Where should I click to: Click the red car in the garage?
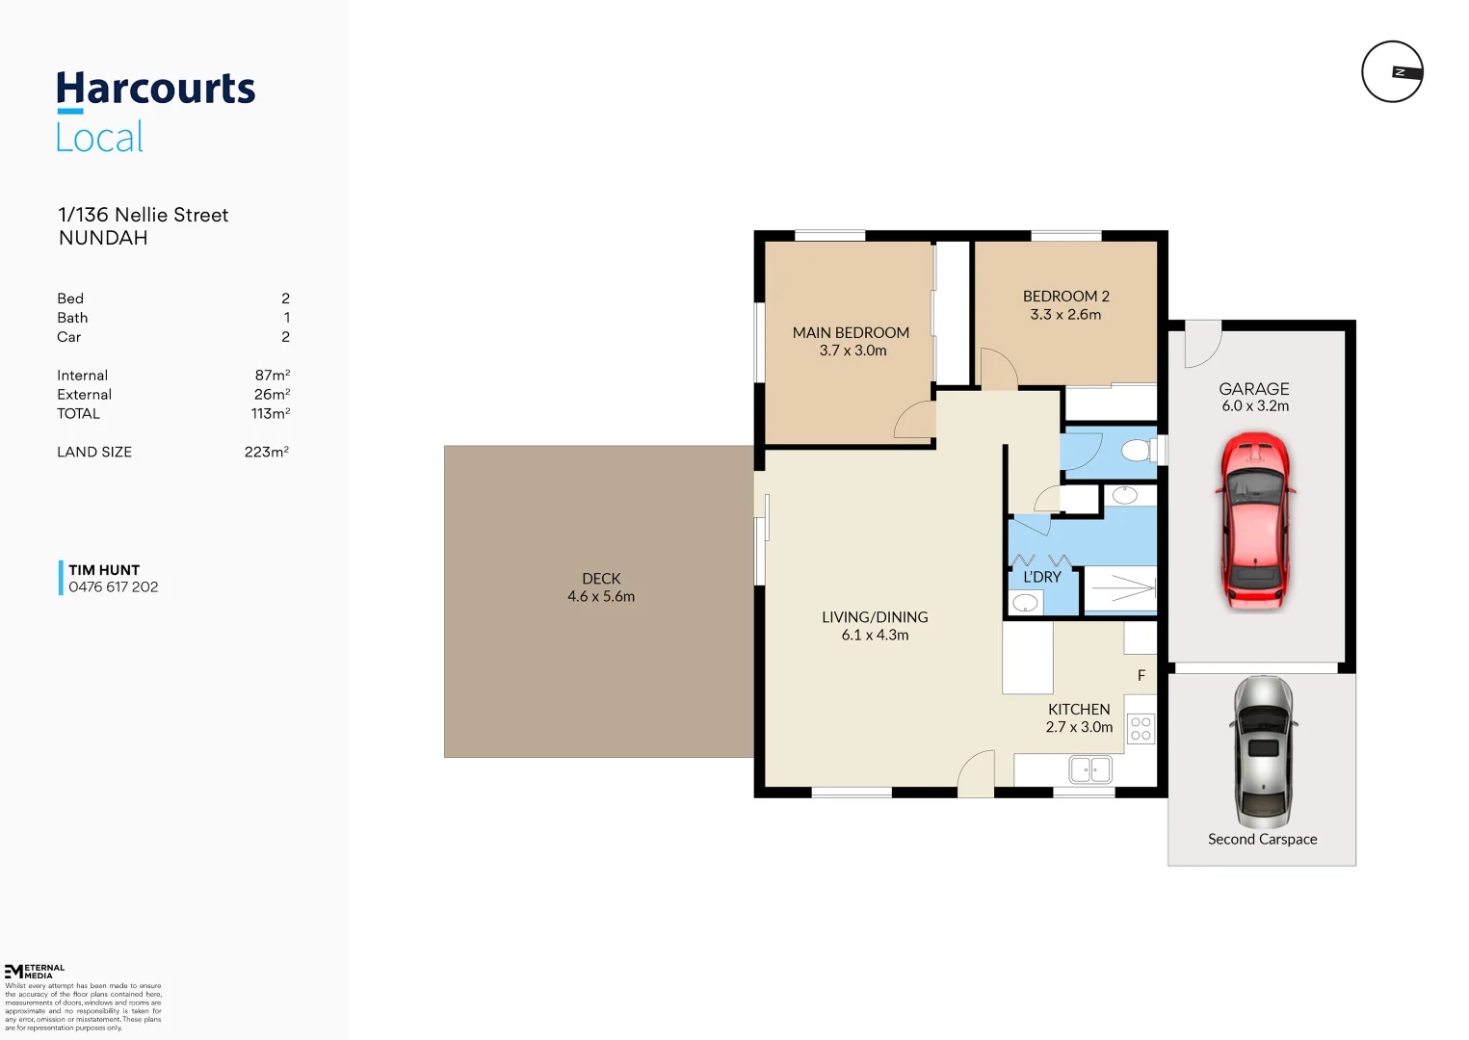(x=1254, y=520)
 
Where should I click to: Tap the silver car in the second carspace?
(x=1262, y=751)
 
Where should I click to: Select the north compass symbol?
(x=1392, y=72)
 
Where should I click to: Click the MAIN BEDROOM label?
(x=851, y=333)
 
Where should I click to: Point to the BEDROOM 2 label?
(x=1065, y=297)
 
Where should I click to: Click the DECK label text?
(x=601, y=579)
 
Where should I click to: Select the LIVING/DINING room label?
(x=875, y=617)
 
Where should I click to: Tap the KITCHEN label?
(x=1079, y=710)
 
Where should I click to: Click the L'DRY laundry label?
(x=1041, y=577)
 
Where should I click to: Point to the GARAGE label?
(x=1253, y=389)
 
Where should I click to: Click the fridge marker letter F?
(x=1141, y=676)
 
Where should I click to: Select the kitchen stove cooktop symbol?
(x=1141, y=729)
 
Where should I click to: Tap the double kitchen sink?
(x=1090, y=769)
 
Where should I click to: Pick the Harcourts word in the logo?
(x=156, y=89)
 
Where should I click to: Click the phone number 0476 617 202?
(x=113, y=587)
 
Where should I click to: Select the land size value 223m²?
(x=267, y=452)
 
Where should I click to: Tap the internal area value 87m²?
(x=272, y=376)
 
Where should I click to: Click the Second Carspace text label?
(x=1262, y=840)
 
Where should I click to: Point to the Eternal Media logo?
(x=35, y=971)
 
